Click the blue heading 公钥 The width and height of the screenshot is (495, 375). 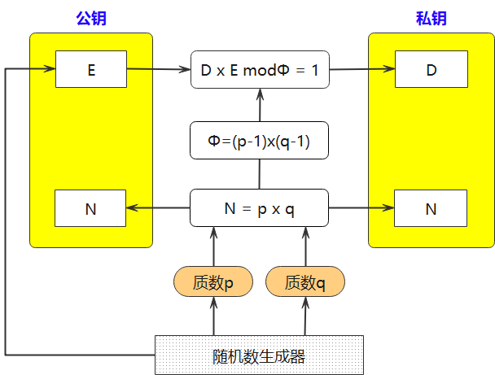[x=90, y=20]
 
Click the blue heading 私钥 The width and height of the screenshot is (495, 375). [x=431, y=20]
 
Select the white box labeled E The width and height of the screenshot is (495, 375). [x=90, y=69]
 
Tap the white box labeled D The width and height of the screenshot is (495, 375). [x=431, y=69]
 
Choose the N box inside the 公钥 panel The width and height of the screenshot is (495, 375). [x=90, y=208]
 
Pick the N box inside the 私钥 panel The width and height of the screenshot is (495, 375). [x=431, y=208]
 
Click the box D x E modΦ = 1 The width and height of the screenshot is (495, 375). [x=259, y=70]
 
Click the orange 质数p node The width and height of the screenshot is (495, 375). [x=213, y=282]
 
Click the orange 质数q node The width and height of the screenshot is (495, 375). [x=305, y=282]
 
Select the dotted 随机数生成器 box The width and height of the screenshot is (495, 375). [x=259, y=355]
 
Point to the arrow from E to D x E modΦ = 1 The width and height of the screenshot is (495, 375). [x=158, y=69]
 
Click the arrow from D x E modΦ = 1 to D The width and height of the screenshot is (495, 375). [x=361, y=69]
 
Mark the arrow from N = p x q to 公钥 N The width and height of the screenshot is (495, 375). [x=158, y=208]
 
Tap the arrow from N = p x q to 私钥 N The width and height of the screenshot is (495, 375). [x=361, y=208]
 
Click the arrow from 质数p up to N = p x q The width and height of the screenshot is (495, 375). [x=214, y=246]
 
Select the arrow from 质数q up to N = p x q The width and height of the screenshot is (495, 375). [x=306, y=246]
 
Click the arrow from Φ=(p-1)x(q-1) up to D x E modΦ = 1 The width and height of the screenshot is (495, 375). [x=260, y=106]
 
